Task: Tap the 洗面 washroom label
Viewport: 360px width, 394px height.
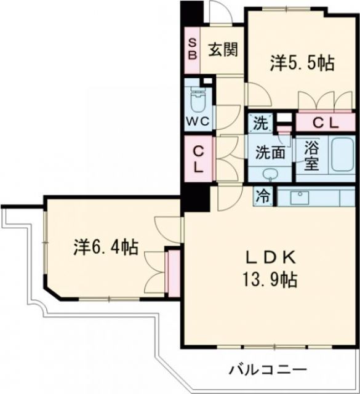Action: [270, 151]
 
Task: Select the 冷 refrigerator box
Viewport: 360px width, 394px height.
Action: [263, 198]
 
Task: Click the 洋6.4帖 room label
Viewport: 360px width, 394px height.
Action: [105, 247]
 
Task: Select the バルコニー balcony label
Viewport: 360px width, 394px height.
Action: [268, 370]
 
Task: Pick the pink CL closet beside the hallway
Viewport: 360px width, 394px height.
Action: [198, 158]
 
